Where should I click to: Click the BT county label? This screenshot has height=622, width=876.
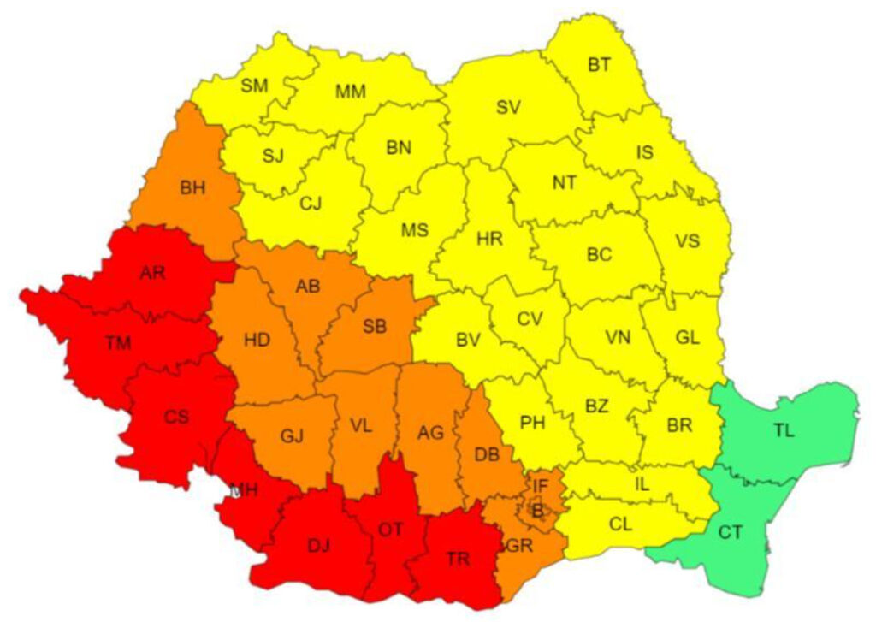coord(600,63)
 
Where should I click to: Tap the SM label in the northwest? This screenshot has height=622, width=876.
coord(254,85)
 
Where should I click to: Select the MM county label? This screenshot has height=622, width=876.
coord(351,91)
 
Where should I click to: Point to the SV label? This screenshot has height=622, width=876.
coord(508,108)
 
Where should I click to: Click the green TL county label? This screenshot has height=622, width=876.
coord(784,430)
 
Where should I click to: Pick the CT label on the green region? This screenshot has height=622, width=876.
coord(730,533)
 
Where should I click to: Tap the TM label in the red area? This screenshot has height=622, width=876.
coord(118,343)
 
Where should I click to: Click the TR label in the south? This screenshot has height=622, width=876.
coord(458,559)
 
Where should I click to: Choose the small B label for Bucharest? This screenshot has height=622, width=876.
coord(537,512)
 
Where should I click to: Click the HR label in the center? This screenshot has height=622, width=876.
coord(489,239)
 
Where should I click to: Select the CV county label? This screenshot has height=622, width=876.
coord(530,318)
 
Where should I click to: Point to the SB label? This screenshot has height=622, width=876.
coord(374,326)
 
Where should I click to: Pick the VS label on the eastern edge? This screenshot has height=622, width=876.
coord(687,240)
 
